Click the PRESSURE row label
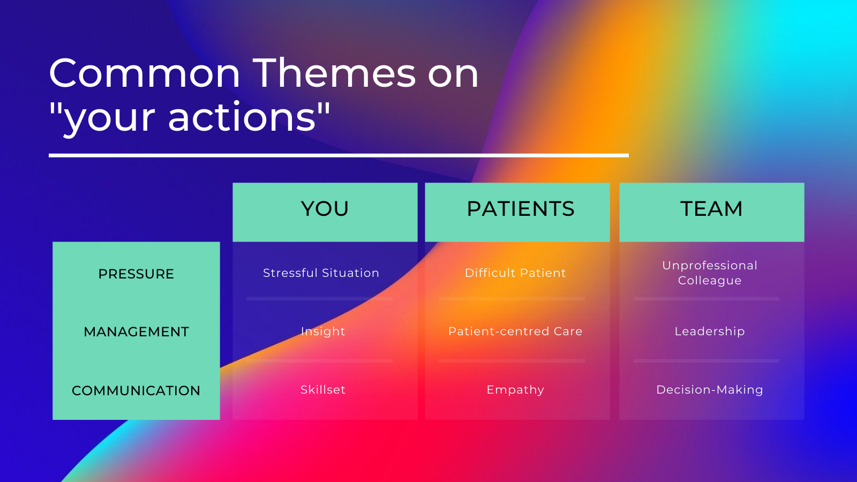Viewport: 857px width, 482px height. coord(136,274)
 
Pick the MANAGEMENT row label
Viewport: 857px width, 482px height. coord(136,332)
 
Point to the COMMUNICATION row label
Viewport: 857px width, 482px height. coord(136,390)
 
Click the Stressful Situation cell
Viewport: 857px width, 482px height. coord(321,273)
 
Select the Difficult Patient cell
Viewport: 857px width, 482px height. coord(515,273)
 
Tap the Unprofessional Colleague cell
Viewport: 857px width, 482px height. coord(710,273)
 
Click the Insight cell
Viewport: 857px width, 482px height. coord(323,332)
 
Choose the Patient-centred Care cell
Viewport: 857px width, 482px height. coord(515,332)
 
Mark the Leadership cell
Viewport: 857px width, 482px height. coord(710,332)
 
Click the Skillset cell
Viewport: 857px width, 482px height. coord(323,389)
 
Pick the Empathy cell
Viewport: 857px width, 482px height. coord(515,389)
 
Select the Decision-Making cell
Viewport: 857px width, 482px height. coord(710,389)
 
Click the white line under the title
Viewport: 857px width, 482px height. coord(339,155)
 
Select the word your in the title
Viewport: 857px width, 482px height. coord(109,120)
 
